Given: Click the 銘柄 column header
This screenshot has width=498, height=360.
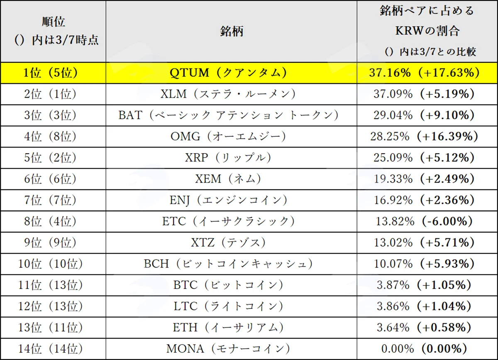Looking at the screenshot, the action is pos(232,32).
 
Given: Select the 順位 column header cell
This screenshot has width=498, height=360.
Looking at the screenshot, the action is pos(54,32).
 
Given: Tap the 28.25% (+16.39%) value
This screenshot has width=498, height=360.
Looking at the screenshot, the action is pos(424,136).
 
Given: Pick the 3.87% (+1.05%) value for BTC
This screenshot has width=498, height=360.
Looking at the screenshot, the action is pos(424,285).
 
